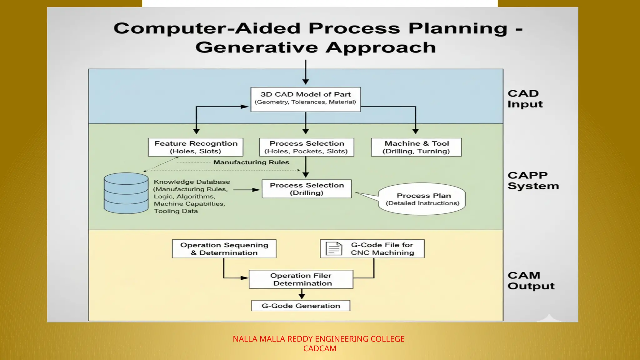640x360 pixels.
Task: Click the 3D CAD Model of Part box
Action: [306, 99]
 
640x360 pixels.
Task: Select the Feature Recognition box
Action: [196, 147]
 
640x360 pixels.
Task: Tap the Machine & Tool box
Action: [416, 147]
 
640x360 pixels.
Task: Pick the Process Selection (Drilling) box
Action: [307, 189]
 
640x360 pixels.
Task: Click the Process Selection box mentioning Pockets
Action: [307, 147]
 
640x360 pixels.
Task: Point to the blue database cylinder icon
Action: [126, 193]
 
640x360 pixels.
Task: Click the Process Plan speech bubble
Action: [422, 199]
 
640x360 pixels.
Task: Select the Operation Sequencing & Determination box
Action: [224, 249]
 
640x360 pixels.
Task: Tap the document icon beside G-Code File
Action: [334, 249]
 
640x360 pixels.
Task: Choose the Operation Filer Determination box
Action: [301, 279]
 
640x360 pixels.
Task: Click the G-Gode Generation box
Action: [301, 306]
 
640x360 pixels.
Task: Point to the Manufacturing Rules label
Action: [251, 162]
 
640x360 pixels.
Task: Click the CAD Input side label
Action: [525, 99]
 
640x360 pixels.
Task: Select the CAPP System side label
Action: [533, 181]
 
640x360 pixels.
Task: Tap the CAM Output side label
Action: [531, 281]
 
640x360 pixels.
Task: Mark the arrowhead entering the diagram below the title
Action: [306, 82]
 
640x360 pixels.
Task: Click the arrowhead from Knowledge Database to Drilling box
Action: [257, 190]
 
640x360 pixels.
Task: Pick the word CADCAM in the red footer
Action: [320, 348]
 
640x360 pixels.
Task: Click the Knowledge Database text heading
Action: [192, 182]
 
